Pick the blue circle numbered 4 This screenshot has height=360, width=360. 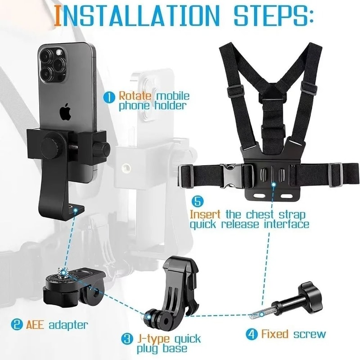(x=251, y=334)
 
